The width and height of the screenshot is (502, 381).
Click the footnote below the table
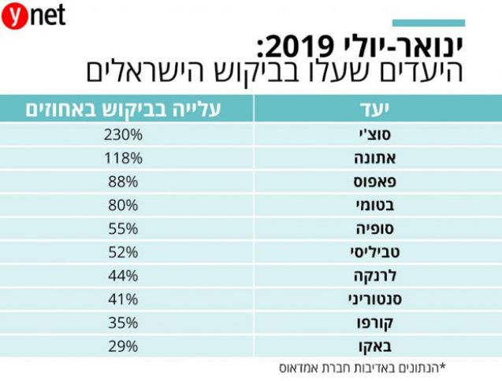coord(362,368)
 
